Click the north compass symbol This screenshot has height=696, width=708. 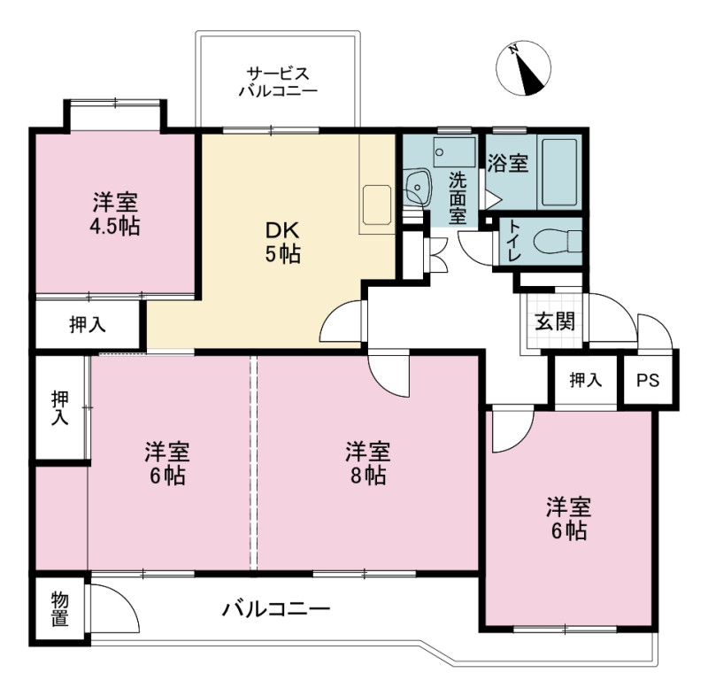pyautogui.click(x=523, y=68)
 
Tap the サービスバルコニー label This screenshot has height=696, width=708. pyautogui.click(x=278, y=81)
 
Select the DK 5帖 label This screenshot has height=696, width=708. pyautogui.click(x=282, y=243)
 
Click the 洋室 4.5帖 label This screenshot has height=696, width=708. pyautogui.click(x=115, y=213)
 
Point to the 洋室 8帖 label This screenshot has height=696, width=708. pyautogui.click(x=368, y=463)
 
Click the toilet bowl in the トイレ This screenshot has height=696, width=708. pyautogui.click(x=558, y=240)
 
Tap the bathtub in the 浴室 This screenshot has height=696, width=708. pyautogui.click(x=559, y=172)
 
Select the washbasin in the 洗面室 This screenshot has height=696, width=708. pyautogui.click(x=417, y=187)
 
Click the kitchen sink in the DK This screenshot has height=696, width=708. pyautogui.click(x=377, y=205)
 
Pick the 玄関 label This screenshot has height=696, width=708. pyautogui.click(x=555, y=321)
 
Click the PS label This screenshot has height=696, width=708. pyautogui.click(x=648, y=380)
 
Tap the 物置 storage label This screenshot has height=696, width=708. pyautogui.click(x=59, y=609)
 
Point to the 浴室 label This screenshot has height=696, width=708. pyautogui.click(x=508, y=163)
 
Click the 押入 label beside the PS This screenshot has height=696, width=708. pyautogui.click(x=586, y=380)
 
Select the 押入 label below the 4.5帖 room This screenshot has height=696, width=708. pyautogui.click(x=88, y=324)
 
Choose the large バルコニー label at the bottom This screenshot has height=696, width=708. pyautogui.click(x=276, y=609)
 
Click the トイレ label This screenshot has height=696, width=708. pyautogui.click(x=514, y=240)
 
